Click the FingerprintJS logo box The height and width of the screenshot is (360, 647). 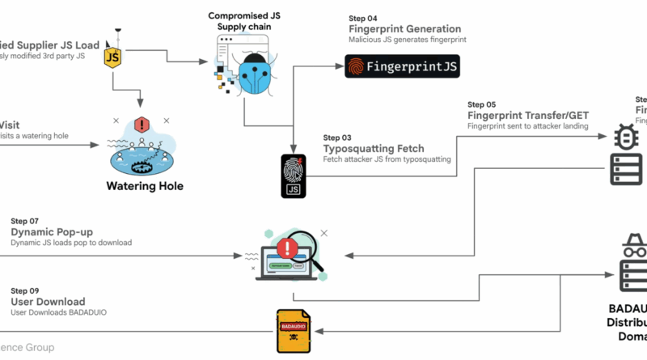coord(402,66)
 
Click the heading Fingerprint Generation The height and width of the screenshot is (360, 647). coord(404,29)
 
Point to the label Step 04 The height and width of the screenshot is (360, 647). coord(362,18)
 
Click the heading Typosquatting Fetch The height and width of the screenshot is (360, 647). coord(374,150)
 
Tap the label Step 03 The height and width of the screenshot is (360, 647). coord(337,138)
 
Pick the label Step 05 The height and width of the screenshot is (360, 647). coord(482,104)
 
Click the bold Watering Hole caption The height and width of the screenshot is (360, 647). coord(146,186)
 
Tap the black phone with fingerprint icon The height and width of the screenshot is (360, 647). coord(292,174)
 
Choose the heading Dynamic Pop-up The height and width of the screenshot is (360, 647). coord(53,232)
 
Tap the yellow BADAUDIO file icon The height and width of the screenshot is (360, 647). coord(293,331)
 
